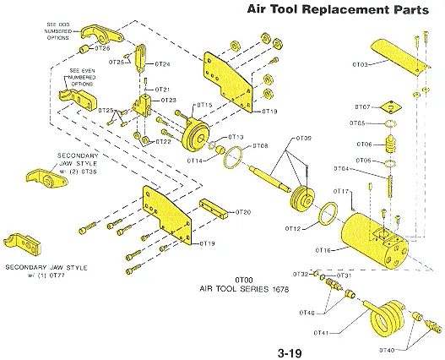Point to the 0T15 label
(204, 105)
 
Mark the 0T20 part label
(242, 211)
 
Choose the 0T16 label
(322, 251)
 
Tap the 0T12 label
(293, 229)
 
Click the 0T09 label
(303, 138)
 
